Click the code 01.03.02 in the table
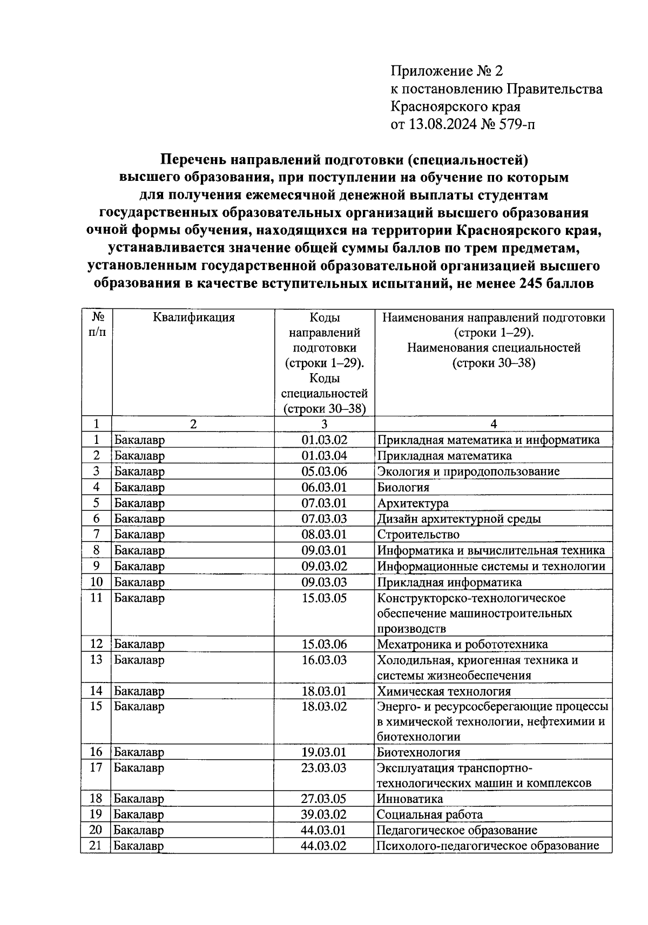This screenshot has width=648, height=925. (324, 440)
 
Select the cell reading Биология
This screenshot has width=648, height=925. (403, 487)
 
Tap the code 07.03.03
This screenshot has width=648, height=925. (324, 519)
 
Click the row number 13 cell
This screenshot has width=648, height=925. (96, 660)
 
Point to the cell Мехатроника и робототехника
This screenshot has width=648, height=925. (462, 644)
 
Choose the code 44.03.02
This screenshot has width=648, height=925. (324, 846)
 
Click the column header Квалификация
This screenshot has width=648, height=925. (193, 318)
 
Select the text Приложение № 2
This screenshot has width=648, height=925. (446, 71)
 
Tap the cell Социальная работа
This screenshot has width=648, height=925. (430, 814)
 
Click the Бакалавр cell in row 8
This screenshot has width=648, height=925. (139, 551)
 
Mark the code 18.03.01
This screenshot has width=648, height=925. (324, 691)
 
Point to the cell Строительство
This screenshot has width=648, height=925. (418, 535)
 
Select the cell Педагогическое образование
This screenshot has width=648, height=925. (457, 830)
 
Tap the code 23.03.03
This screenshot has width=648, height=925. (324, 768)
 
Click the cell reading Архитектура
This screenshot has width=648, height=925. (413, 503)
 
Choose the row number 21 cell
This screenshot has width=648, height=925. (96, 846)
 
